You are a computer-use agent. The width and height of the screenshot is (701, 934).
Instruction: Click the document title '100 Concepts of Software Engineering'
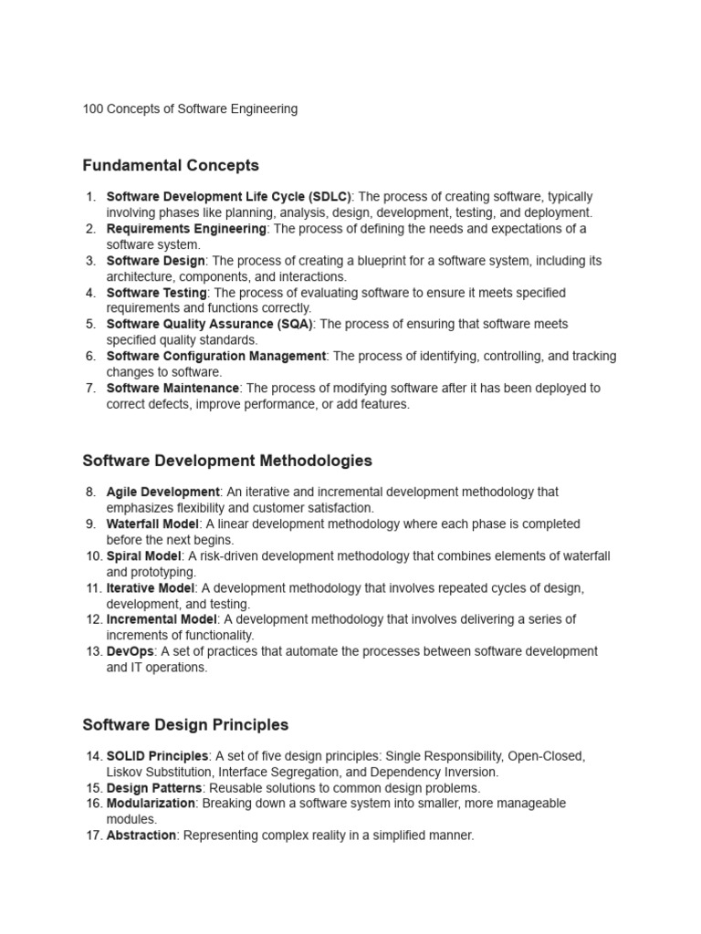click(190, 109)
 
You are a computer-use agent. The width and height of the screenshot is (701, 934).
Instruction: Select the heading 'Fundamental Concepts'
click(171, 165)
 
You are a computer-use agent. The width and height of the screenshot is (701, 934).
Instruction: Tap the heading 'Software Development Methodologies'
click(227, 461)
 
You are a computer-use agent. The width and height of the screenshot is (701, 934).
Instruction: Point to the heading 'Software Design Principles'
click(185, 724)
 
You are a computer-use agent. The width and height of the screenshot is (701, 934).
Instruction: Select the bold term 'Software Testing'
click(157, 293)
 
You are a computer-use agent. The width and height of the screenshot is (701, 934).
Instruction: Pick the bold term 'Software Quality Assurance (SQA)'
click(210, 324)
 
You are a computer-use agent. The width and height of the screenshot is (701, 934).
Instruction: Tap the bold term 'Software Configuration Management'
click(216, 356)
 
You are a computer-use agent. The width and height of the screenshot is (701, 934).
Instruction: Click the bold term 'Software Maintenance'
click(173, 388)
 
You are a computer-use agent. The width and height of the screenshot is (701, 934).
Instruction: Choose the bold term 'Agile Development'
click(163, 492)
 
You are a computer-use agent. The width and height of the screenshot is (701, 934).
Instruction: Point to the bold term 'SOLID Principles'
click(158, 756)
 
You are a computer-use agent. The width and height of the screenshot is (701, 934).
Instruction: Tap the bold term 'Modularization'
click(152, 804)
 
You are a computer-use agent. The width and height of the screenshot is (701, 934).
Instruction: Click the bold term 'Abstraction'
click(141, 835)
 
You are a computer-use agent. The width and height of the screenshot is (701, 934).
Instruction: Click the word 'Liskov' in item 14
click(125, 773)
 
